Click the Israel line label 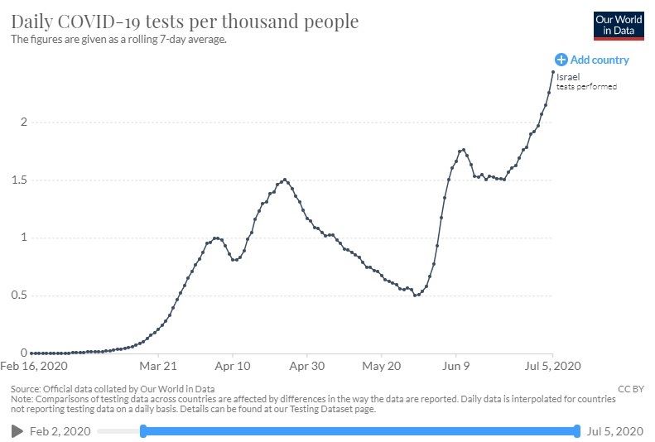click(x=568, y=77)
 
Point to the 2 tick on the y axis click(x=24, y=123)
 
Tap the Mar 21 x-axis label click(x=159, y=365)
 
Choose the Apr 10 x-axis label click(x=233, y=365)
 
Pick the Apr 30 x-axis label click(x=307, y=365)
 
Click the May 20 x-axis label click(x=381, y=365)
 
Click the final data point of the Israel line click(x=553, y=72)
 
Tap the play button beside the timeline click(x=17, y=431)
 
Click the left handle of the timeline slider click(x=143, y=430)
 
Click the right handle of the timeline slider click(x=577, y=430)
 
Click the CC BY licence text click(x=629, y=388)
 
